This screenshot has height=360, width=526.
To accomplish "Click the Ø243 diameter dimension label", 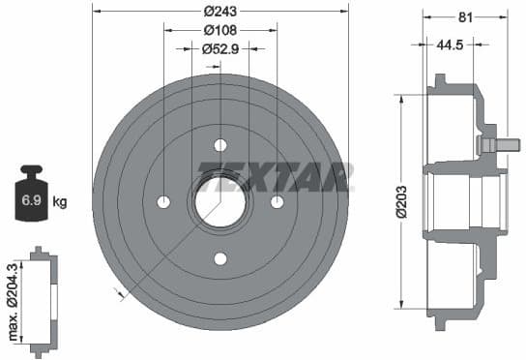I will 220,12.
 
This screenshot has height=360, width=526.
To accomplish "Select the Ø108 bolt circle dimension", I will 220,29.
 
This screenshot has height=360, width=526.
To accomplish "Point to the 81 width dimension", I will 465,15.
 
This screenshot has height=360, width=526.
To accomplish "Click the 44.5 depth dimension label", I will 447,44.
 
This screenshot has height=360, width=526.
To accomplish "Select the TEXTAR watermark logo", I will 275,177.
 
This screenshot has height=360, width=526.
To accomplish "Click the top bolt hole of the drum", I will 220,145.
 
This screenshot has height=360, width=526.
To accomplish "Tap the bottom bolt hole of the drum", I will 220,258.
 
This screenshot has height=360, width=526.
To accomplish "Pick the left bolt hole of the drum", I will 163,201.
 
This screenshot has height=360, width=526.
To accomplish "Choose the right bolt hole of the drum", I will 278,201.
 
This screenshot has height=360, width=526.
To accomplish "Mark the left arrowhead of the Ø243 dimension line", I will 97,12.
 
